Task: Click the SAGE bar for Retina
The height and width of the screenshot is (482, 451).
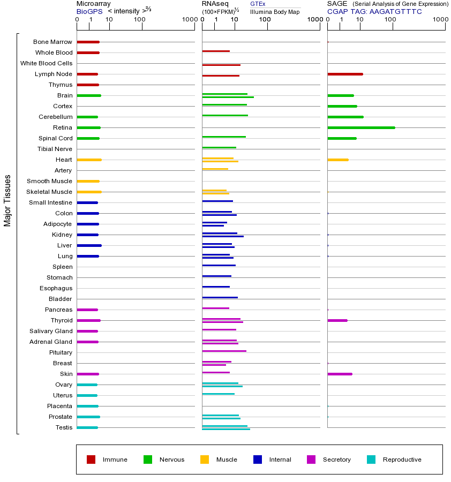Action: click(361, 127)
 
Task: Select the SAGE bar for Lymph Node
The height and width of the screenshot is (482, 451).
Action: click(345, 74)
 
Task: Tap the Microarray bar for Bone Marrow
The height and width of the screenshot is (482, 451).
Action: click(88, 42)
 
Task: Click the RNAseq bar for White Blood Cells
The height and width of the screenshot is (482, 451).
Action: click(221, 65)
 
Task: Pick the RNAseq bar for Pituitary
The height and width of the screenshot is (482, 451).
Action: click(224, 351)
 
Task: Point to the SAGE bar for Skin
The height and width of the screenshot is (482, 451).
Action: click(340, 374)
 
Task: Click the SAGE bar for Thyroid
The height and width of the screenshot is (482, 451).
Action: click(337, 320)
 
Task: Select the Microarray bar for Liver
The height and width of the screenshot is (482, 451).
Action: click(89, 245)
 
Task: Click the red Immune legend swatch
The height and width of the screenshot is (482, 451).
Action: click(91, 460)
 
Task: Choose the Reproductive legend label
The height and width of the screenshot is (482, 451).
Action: click(402, 460)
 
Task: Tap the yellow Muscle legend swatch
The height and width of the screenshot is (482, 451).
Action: click(205, 460)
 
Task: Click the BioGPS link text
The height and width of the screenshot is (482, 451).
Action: click(89, 11)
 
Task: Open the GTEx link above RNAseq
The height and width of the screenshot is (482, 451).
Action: click(258, 4)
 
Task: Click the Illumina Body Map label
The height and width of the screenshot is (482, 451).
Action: click(275, 11)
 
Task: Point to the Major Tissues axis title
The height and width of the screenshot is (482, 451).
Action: click(7, 200)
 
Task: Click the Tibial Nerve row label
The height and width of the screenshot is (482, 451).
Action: click(55, 149)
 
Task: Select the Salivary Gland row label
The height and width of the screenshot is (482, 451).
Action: click(51, 331)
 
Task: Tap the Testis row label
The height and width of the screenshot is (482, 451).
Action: click(64, 427)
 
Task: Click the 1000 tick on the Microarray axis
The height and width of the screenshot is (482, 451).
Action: click(189, 20)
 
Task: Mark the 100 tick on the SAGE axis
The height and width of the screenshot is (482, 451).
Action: click(390, 20)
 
